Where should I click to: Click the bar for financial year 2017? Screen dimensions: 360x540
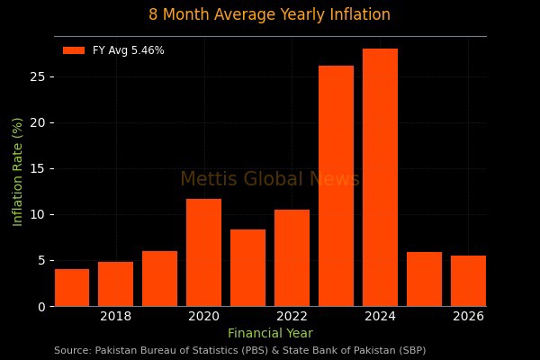72,288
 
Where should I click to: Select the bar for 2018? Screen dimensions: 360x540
116,284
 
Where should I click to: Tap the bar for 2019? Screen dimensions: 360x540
160,279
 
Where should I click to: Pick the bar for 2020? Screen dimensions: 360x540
204,253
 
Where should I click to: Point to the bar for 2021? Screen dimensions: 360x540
248,268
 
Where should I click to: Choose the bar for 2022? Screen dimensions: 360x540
292,258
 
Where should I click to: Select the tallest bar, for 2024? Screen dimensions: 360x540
381,177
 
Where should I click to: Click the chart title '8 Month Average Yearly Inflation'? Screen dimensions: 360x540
270,14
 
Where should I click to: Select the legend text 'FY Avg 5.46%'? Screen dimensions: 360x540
128,50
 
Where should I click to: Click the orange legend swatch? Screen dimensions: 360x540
74,50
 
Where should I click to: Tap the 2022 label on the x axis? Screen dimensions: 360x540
292,316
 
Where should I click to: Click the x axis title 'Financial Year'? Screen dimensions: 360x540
270,333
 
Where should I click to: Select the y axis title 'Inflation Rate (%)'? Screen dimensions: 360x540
18,171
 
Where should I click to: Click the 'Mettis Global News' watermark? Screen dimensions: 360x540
270,179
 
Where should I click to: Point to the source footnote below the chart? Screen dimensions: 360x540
239,350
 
